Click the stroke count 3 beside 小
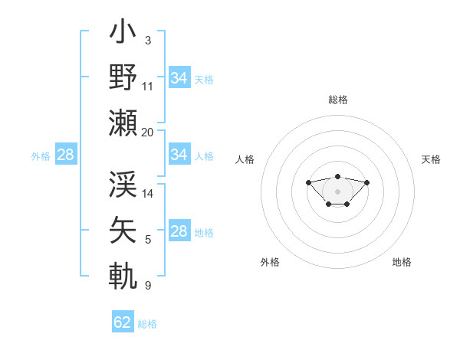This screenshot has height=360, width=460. [x=147, y=41]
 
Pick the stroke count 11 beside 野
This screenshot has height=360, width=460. [x=148, y=86]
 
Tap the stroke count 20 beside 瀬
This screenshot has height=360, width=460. [x=148, y=132]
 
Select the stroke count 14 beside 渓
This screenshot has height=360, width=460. [x=148, y=194]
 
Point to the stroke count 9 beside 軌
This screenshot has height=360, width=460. [x=147, y=286]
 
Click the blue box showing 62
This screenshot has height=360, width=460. [x=123, y=322]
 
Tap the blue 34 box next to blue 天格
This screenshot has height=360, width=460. [x=179, y=78]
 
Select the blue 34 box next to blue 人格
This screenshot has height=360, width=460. [x=179, y=155]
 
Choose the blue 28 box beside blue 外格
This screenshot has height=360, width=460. [x=65, y=155]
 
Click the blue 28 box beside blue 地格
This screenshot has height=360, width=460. [x=179, y=231]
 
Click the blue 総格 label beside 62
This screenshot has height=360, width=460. [x=147, y=324]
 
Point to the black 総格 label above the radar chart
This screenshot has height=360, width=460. [x=337, y=100]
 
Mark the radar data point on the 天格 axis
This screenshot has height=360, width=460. [x=366, y=182]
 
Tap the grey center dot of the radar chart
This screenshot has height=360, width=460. [x=337, y=191]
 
